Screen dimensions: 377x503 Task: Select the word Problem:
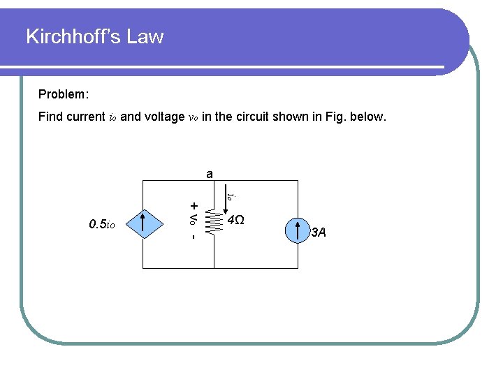point(64,94)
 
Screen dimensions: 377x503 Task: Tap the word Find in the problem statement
point(50,117)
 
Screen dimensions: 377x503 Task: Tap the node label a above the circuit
point(210,172)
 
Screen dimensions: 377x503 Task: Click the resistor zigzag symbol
point(214,223)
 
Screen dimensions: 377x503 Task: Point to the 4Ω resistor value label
point(236,221)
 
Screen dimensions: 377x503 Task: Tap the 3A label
point(319,232)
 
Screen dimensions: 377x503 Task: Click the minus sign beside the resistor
point(193,237)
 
